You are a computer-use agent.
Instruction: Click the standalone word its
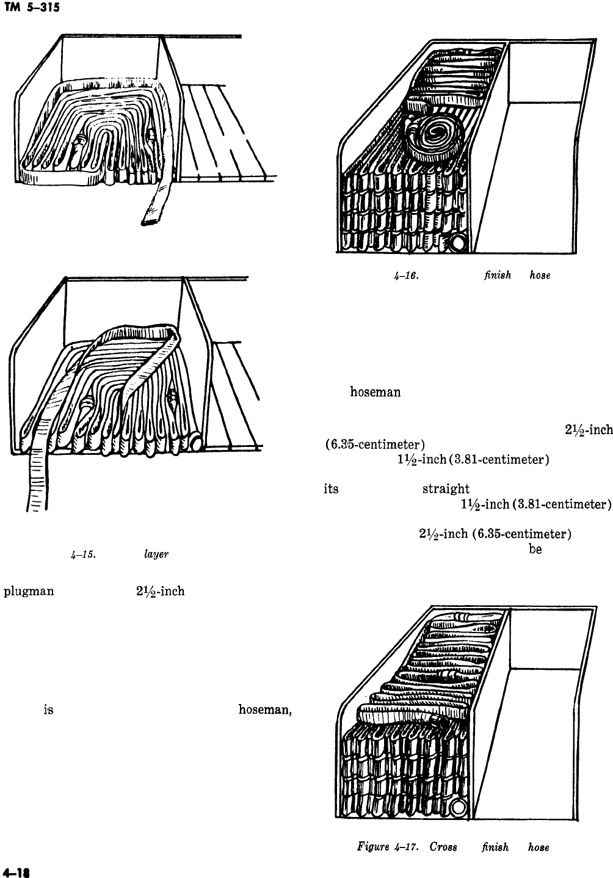[330, 489]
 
